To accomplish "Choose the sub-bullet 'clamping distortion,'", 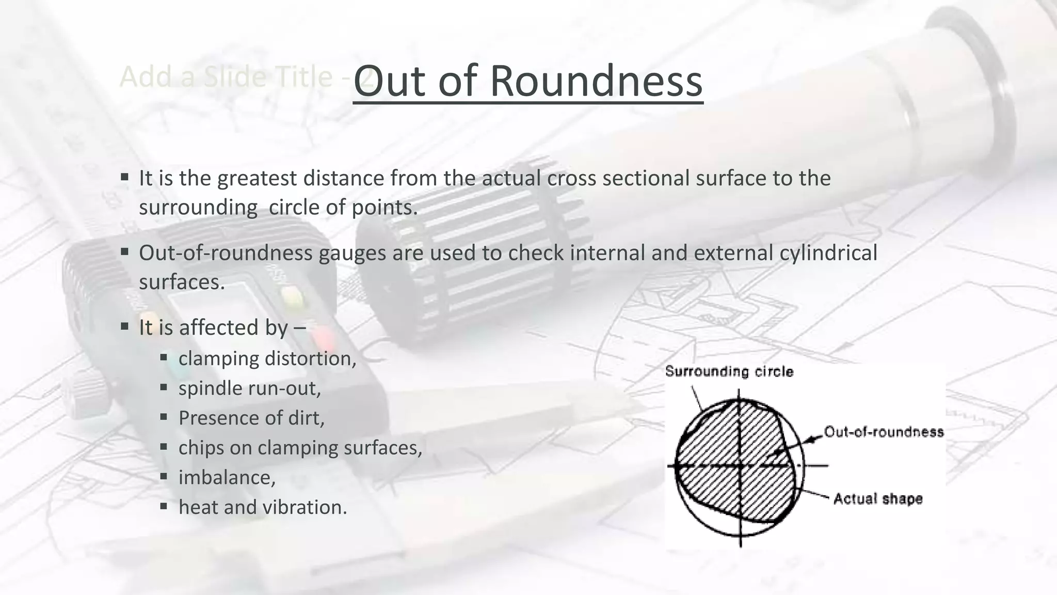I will pos(267,358).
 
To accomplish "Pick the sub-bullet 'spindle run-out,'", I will pos(250,388).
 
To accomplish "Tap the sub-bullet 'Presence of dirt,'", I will pos(251,418).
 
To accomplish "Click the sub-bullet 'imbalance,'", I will pos(227,477).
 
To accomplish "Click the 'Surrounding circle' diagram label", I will pos(729,371).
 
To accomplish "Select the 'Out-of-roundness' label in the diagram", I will pos(884,432).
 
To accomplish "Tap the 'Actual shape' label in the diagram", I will pos(878,499).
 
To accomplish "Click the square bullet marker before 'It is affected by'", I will pos(124,326).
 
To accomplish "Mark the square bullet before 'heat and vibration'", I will pos(164,506).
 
